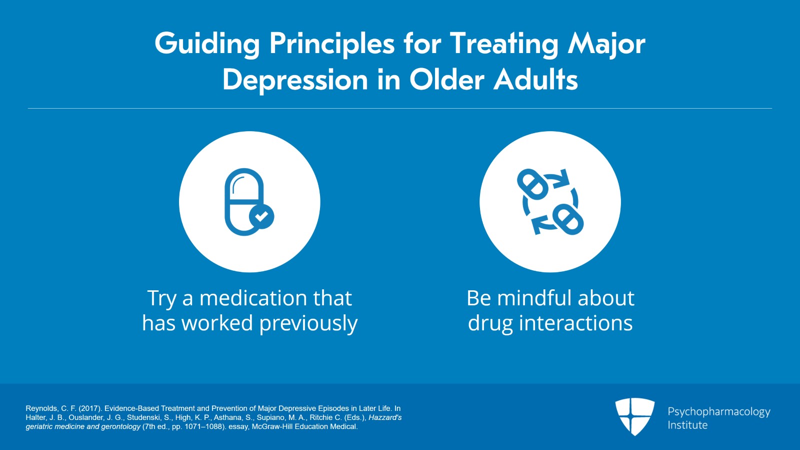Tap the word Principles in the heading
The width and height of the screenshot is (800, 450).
click(x=332, y=44)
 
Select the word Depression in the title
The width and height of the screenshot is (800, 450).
click(x=295, y=80)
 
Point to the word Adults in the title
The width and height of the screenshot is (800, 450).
click(x=535, y=80)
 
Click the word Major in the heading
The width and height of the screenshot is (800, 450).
click(x=606, y=44)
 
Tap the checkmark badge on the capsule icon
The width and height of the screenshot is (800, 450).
click(x=261, y=216)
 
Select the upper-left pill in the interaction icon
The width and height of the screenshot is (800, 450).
click(x=533, y=184)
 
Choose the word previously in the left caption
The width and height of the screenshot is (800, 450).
click(x=308, y=323)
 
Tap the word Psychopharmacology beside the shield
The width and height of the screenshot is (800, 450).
click(x=718, y=411)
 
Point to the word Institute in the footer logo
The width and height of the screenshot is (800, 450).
click(x=687, y=425)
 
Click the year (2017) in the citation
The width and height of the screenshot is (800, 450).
click(x=90, y=408)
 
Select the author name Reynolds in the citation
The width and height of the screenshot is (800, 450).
click(x=41, y=408)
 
